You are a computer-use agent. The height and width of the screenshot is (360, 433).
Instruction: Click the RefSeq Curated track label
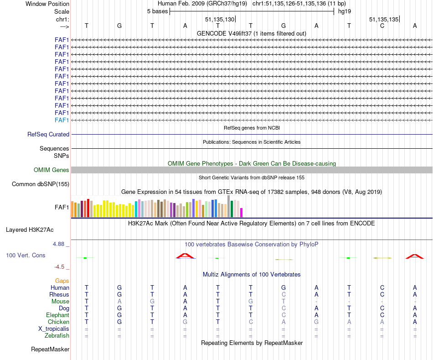point(48,135)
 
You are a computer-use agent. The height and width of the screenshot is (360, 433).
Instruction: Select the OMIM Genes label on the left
point(52,170)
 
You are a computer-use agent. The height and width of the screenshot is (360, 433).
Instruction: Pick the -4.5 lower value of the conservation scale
point(61,267)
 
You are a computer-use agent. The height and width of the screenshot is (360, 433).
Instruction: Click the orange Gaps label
point(62,281)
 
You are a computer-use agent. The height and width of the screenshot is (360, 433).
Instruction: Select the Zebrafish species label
point(57,336)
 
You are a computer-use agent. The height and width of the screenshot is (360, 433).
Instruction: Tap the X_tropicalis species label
point(54,329)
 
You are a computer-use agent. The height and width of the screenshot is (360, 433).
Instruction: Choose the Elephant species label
point(57,315)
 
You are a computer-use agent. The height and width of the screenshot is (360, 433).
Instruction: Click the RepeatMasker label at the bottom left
point(50,350)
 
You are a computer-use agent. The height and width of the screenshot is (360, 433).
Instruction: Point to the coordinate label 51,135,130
point(220,20)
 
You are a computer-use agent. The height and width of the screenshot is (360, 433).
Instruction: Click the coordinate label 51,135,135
point(384,20)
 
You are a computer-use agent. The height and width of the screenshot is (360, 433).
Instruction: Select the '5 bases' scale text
point(157,11)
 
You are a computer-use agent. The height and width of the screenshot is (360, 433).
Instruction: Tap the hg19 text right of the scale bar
point(344,11)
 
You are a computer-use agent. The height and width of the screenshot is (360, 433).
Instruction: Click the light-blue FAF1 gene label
point(62,120)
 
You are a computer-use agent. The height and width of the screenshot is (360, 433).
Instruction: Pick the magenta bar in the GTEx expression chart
point(242,213)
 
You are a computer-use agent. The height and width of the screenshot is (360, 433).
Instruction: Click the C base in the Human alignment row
point(382,287)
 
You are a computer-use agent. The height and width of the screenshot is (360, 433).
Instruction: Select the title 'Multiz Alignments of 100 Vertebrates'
point(252,275)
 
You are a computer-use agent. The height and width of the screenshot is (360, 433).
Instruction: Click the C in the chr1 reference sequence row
point(382,26)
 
